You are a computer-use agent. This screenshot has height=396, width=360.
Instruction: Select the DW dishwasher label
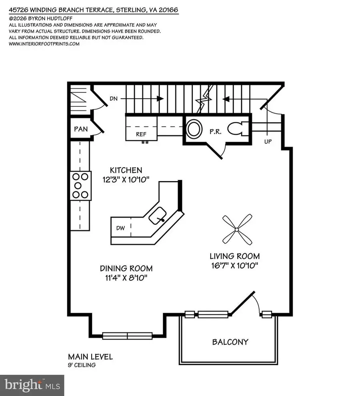click(121, 228)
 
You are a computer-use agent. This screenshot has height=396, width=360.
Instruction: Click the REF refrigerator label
click(141, 135)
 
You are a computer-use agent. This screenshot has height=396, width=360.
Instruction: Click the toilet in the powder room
click(238, 128)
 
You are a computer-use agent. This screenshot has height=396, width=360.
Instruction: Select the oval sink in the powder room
click(194, 129)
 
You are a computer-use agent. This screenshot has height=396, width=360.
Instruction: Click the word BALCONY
click(230, 342)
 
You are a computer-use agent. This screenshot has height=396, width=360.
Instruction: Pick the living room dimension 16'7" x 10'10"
click(235, 266)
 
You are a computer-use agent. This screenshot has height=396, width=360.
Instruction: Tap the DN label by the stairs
click(114, 98)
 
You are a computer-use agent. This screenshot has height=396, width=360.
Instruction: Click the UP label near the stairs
click(268, 142)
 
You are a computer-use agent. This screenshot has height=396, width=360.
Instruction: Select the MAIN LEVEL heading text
click(90, 356)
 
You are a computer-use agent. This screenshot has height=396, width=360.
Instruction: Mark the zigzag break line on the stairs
click(203, 100)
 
